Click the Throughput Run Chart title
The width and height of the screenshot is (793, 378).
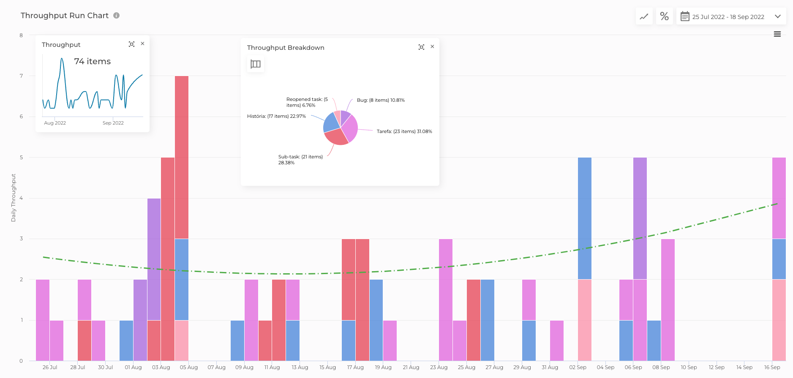coord(65,16)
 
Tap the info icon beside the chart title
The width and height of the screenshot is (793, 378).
coord(117,16)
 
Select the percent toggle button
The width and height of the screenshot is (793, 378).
coord(664,16)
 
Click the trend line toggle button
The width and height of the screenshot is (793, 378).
coord(644,16)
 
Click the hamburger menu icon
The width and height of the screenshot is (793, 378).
coord(777,34)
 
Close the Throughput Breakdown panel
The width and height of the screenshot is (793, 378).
coord(432,47)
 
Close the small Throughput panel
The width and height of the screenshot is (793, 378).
coord(143,44)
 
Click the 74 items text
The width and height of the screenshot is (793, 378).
coord(93,62)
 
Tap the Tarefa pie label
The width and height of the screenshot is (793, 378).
coord(404,131)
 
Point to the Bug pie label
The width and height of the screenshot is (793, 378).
coord(381,100)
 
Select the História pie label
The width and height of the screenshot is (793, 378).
coord(276,116)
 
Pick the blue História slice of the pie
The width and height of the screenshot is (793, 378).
coord(331,123)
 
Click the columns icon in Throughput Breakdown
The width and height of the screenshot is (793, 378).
coord(256,64)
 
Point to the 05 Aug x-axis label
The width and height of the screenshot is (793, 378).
coord(188,367)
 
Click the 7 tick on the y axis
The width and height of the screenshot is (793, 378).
coord(21,76)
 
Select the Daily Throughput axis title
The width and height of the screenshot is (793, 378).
coord(14,198)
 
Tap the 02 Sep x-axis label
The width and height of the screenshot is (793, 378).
coord(578,367)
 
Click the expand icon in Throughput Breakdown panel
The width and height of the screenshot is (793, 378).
coord(421,47)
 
